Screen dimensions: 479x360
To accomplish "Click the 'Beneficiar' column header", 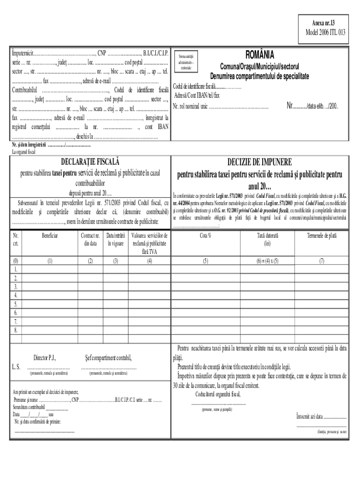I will tap(50, 236).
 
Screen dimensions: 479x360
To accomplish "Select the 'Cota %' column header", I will tap(206, 236).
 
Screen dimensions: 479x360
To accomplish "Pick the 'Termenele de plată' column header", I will tap(322, 236).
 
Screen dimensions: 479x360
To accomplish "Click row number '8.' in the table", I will tap(16, 330).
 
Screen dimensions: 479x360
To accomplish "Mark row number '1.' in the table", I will tap(16, 269).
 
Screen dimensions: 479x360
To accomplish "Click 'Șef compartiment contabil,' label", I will tap(108, 358).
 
